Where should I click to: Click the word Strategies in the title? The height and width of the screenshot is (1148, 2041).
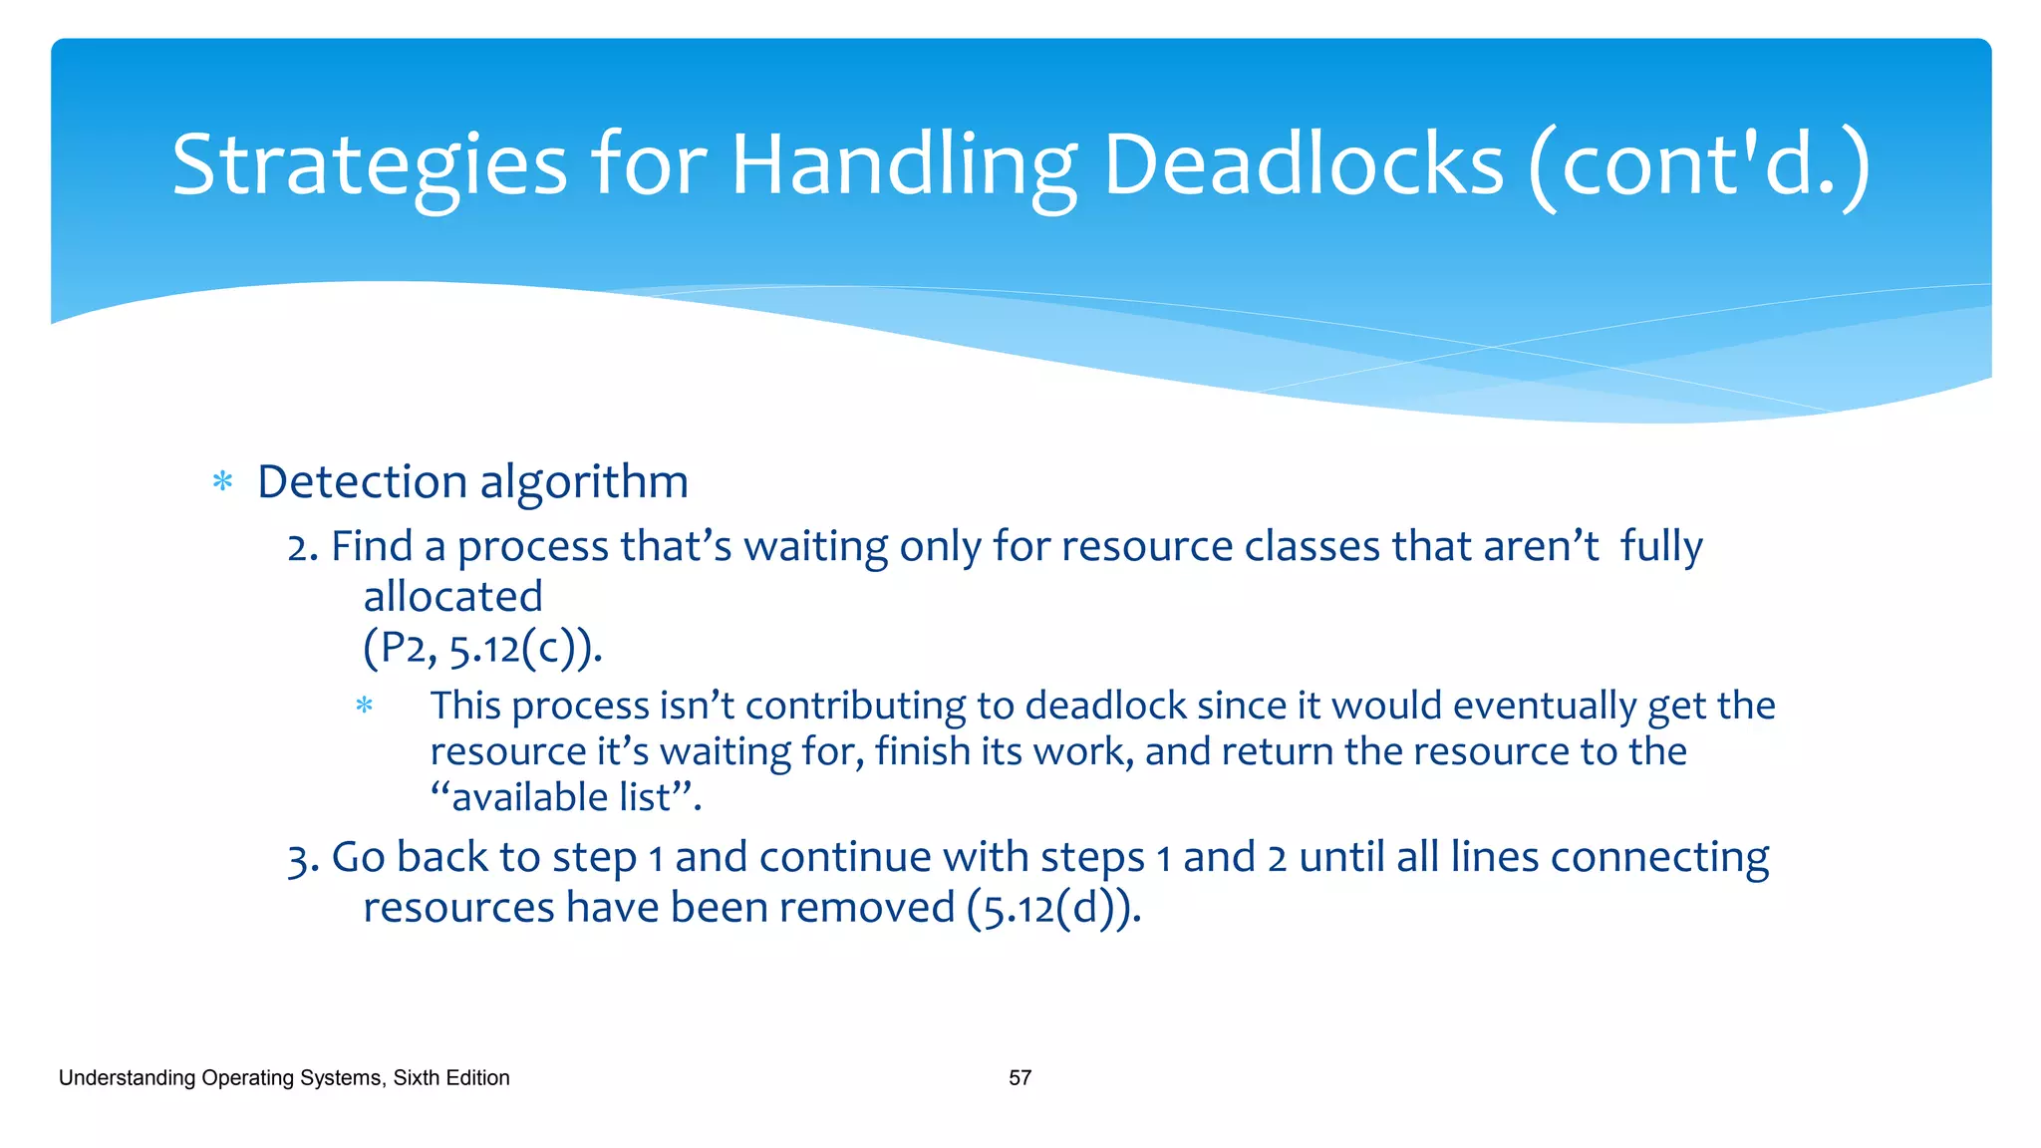coord(369,165)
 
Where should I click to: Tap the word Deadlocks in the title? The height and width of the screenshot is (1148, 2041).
coord(1303,165)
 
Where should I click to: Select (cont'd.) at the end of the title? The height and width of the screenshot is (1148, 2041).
coord(1698,165)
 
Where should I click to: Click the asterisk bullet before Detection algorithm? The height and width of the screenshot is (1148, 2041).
coord(223,483)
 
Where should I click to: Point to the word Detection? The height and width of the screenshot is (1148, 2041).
coord(363,482)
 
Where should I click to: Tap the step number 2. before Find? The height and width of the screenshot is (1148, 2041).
coord(302,547)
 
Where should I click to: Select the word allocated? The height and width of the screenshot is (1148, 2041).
coord(452,597)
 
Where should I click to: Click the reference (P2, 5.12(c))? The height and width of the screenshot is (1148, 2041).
coord(482,649)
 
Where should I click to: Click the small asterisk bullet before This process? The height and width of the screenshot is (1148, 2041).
coord(365,707)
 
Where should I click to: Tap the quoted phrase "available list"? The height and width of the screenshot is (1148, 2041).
coord(566,797)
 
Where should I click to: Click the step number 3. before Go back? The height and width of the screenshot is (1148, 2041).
coord(302,858)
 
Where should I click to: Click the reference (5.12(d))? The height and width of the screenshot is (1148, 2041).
coord(1053,908)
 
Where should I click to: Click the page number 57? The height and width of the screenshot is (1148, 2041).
coord(1020,1078)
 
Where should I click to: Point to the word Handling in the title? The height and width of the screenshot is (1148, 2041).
coord(904,165)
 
